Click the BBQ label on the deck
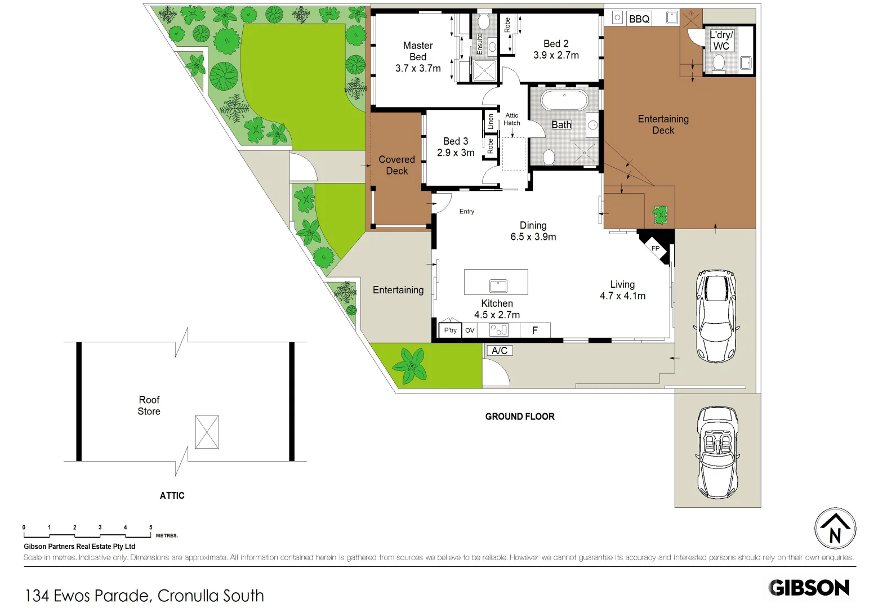(x=639, y=19)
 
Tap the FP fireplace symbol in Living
(x=655, y=248)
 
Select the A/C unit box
(x=499, y=351)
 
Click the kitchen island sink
(x=498, y=286)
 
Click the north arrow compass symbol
(x=835, y=529)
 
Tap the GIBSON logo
(x=809, y=588)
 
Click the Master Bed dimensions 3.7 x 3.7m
(x=418, y=69)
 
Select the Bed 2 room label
(x=556, y=44)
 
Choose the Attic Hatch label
(x=512, y=119)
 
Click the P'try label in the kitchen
(x=451, y=330)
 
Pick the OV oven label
(x=470, y=330)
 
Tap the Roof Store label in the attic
(x=149, y=405)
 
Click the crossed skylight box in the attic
(x=207, y=432)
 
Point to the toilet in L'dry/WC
(x=718, y=63)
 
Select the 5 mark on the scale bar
(x=150, y=527)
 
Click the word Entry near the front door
(x=466, y=212)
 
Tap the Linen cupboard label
(x=491, y=121)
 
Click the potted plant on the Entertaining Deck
(x=659, y=214)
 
